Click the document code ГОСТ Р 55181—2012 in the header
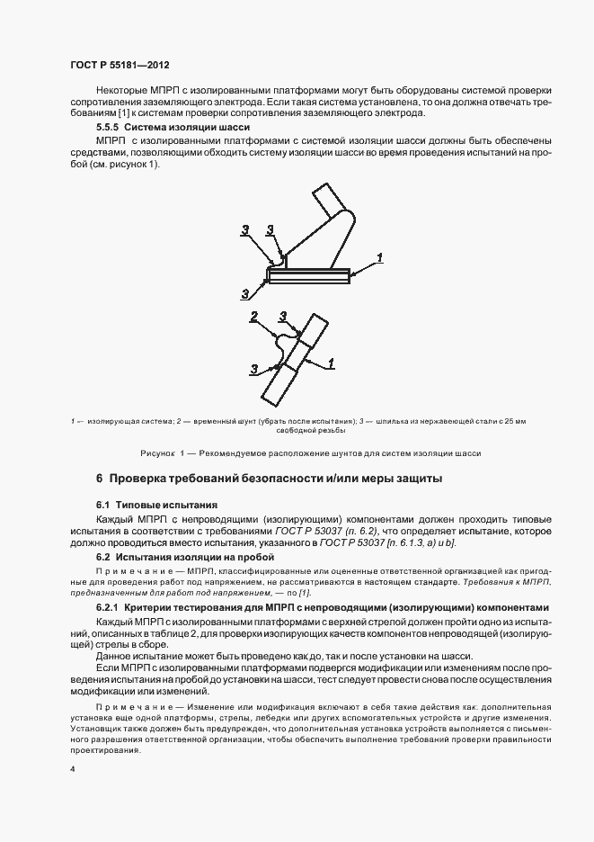(x=120, y=66)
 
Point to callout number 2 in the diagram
(x=254, y=316)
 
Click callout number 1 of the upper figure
(x=381, y=257)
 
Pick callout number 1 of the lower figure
(x=332, y=363)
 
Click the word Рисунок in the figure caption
(x=158, y=453)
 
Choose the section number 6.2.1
(x=108, y=609)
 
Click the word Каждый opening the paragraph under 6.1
(x=115, y=519)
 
